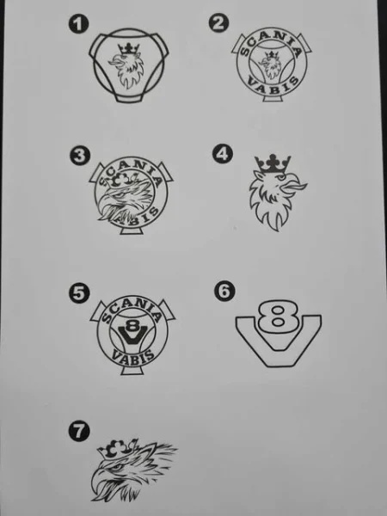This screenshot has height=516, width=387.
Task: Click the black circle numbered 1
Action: pos(78,25)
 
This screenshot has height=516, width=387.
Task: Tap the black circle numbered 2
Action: pos(218,23)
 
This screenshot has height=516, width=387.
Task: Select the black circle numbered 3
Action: pos(80,156)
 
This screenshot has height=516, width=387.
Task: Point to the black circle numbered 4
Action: pos(222,154)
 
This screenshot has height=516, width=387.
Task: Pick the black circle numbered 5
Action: pos(79,293)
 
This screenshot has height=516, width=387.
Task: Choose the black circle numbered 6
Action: pos(224,292)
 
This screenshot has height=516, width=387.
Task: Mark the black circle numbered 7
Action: pos(79,432)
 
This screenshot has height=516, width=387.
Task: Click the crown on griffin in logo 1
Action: pos(129,49)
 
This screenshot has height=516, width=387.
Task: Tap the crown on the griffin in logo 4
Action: pos(273,163)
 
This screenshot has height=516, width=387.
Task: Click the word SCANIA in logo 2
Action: pos(272,42)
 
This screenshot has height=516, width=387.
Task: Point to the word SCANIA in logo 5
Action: pos(132,313)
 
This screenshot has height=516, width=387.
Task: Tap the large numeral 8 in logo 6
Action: pos(278,316)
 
